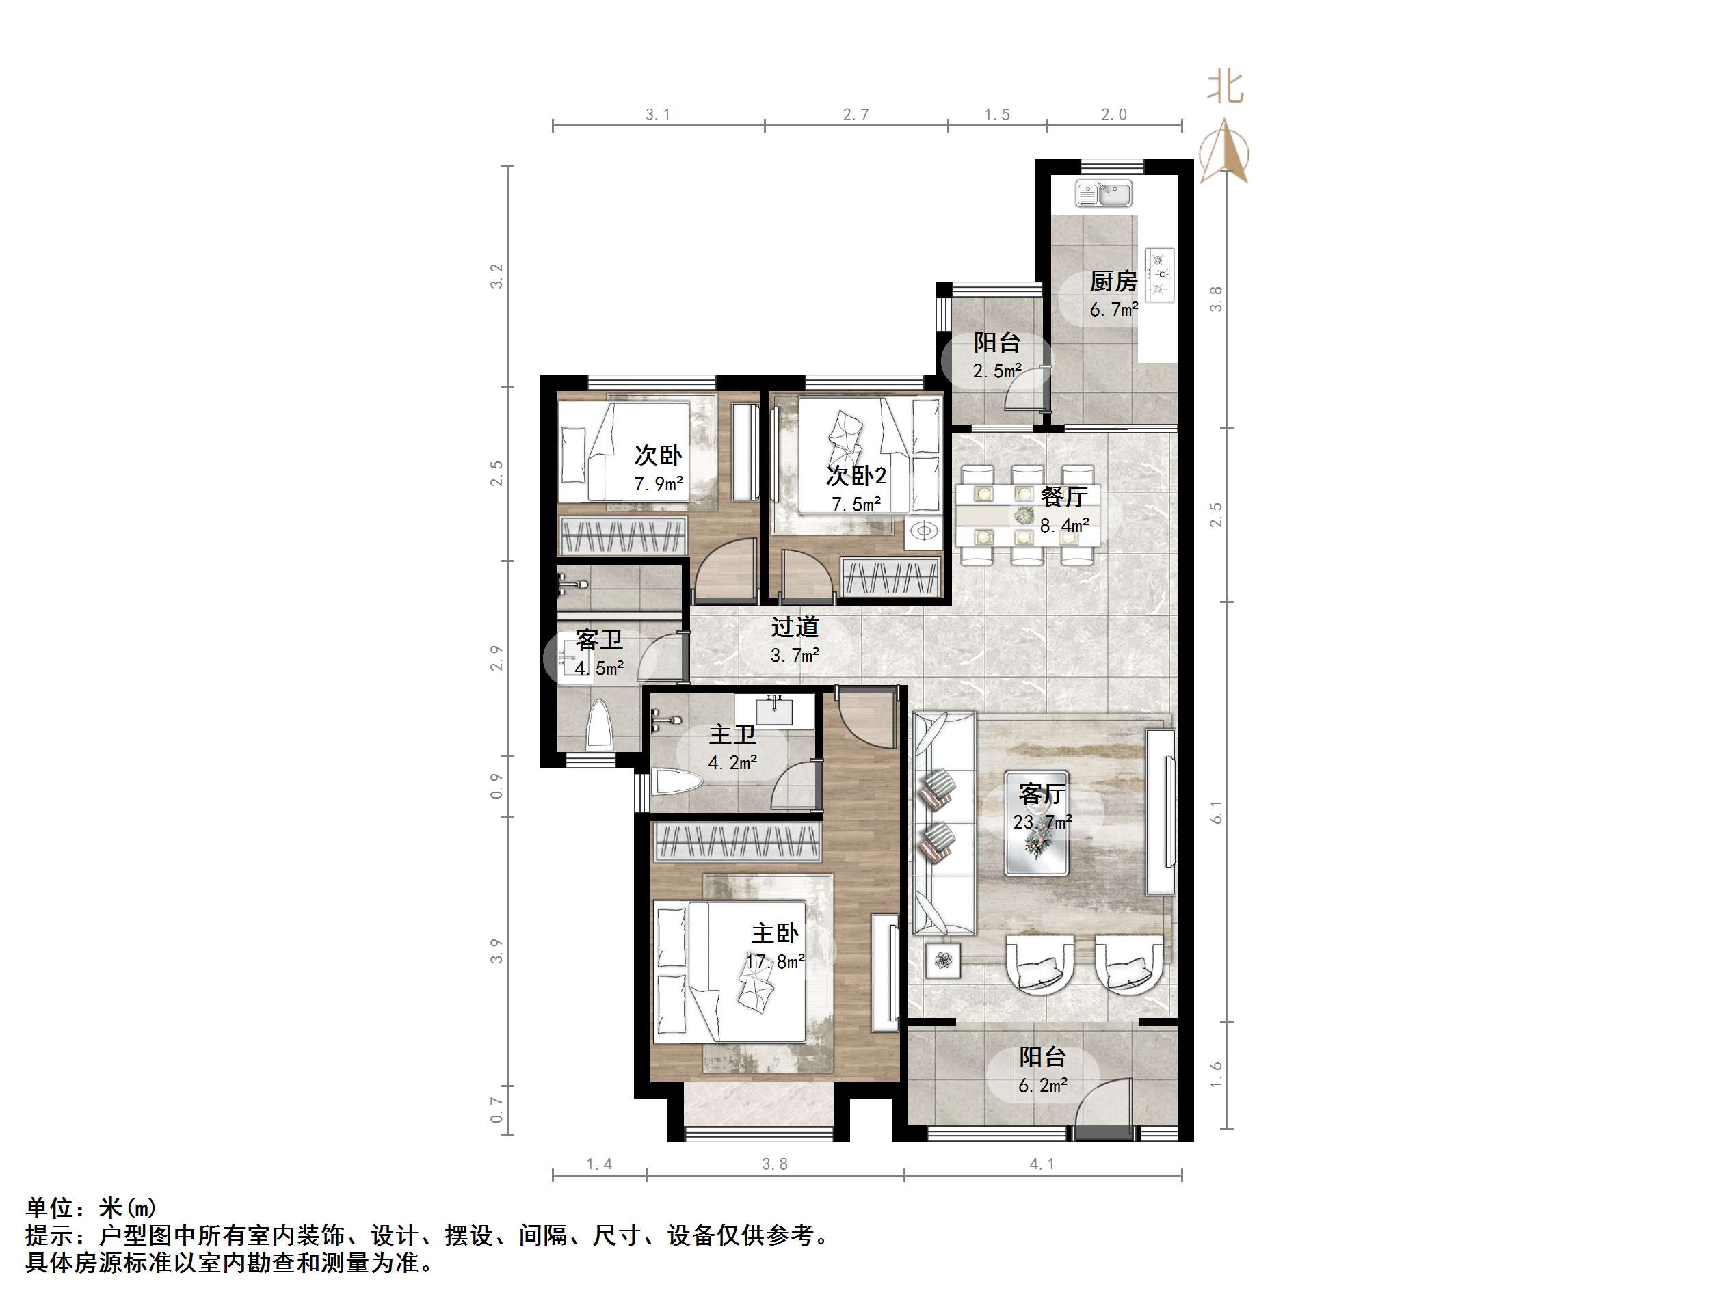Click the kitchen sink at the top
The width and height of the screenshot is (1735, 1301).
tap(1104, 193)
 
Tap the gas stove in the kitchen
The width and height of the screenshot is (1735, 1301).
tap(1158, 274)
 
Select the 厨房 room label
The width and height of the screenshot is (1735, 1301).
tap(1113, 281)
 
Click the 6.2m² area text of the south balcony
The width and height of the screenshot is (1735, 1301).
tap(1042, 1086)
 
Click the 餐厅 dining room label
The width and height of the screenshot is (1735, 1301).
tap(1063, 497)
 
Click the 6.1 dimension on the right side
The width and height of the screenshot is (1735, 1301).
tap(1217, 812)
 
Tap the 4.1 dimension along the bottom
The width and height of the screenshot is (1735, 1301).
tap(1042, 1164)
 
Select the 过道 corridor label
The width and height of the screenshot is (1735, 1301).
tap(795, 627)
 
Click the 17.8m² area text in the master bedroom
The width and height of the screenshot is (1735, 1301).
tap(775, 961)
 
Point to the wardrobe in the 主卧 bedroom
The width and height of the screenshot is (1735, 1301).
tap(737, 842)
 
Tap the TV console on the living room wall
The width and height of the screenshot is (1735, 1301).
tap(1160, 812)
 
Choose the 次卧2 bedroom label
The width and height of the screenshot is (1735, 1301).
tap(856, 475)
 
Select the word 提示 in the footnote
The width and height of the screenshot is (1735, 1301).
tap(49, 1237)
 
